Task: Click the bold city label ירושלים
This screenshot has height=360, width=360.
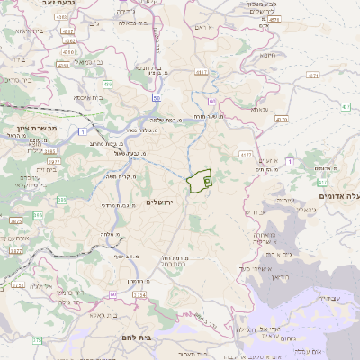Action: click(x=164, y=203)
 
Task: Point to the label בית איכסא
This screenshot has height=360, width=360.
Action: click(x=87, y=96)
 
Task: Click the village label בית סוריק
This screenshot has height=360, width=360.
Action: click(x=17, y=80)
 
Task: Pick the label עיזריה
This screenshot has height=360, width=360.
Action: click(x=280, y=200)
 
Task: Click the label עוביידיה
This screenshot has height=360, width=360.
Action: click(x=328, y=296)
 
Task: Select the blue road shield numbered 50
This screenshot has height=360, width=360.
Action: click(x=157, y=97)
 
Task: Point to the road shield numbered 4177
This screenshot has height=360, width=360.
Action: click(x=246, y=155)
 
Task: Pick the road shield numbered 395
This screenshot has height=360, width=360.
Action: click(x=62, y=200)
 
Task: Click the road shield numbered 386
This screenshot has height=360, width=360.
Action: click(x=39, y=215)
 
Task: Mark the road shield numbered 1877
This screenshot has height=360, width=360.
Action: click(x=15, y=251)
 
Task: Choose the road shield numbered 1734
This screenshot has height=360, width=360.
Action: click(x=139, y=307)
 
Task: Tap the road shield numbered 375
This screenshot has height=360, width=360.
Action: click(x=37, y=340)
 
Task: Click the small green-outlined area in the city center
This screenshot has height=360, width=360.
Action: click(x=200, y=180)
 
